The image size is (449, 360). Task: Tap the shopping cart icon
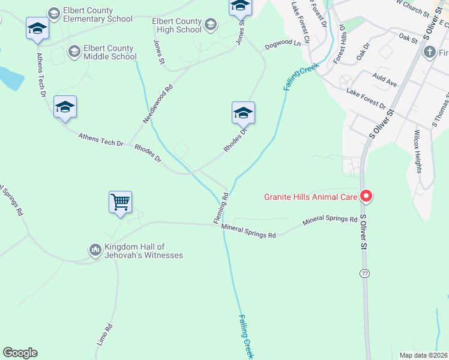pyautogui.click(x=120, y=202)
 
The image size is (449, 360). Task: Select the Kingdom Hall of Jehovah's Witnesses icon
pyautogui.click(x=95, y=249)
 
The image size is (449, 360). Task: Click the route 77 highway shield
pyautogui.click(x=364, y=274)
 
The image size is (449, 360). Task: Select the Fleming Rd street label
pyautogui.click(x=221, y=208)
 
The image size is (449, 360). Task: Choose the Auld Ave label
pyautogui.click(x=384, y=80)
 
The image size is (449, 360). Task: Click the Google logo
pyautogui.click(x=20, y=353)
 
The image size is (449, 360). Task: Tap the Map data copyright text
pyautogui.click(x=423, y=355)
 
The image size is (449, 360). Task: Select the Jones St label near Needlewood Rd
pyautogui.click(x=159, y=52)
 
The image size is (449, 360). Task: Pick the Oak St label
pyautogui.click(x=408, y=37)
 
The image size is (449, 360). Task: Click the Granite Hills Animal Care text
pyautogui.click(x=310, y=196)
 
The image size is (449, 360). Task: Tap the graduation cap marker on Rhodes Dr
pyautogui.click(x=243, y=113)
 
